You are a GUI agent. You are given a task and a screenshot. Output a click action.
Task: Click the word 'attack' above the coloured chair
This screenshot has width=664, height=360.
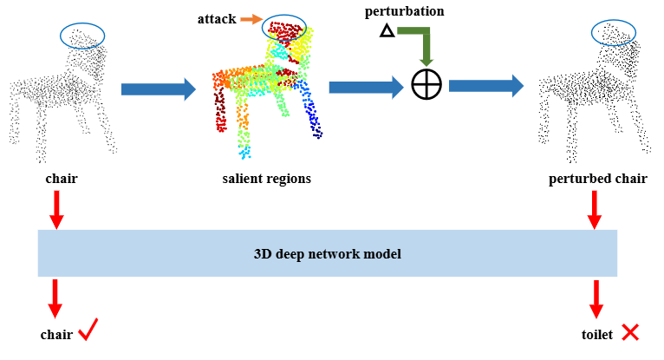tap(217, 18)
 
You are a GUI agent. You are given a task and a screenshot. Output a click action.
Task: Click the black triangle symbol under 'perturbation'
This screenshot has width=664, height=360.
tap(387, 32)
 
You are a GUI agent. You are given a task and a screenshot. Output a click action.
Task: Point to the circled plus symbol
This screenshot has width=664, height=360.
tap(426, 85)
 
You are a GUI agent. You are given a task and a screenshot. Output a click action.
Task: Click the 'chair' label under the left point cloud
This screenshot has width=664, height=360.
tap(61, 180)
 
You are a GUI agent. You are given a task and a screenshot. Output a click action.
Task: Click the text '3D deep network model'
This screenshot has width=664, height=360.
tap(327, 254)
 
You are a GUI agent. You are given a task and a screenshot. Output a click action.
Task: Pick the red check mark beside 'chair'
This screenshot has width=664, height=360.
tap(88, 330)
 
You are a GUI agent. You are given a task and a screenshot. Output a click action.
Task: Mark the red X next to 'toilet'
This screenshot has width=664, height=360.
tap(630, 331)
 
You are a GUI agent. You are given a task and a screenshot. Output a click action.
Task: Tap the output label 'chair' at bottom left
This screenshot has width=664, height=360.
tap(57, 334)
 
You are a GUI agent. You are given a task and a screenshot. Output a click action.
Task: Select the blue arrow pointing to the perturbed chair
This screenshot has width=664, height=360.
tap(485, 85)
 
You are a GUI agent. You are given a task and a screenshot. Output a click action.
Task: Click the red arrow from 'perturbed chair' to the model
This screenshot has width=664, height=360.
tap(595, 210)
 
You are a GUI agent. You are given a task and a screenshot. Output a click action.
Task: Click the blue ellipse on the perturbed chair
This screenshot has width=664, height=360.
tap(614, 33)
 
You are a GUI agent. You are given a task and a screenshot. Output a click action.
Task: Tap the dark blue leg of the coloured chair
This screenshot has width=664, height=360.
tap(312, 118)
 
